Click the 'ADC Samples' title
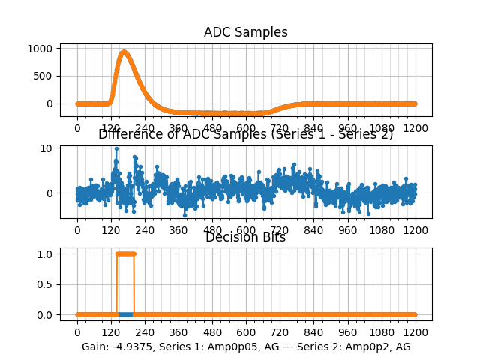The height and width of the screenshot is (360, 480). [245, 32]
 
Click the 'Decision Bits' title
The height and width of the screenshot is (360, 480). [245, 237]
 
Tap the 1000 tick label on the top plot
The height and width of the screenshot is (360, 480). [40, 49]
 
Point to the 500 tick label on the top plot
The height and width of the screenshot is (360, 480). [43, 76]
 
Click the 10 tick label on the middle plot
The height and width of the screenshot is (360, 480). [46, 148]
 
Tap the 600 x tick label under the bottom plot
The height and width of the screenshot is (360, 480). [246, 331]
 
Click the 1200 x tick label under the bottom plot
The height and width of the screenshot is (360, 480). [415, 331]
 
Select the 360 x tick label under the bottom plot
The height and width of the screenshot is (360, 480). [178, 331]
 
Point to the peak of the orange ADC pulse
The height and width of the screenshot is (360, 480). [124, 52]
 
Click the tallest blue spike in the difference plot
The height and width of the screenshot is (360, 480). [116, 148]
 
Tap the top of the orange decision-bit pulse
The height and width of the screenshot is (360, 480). [125, 253]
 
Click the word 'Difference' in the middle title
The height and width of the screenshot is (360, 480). [129, 134]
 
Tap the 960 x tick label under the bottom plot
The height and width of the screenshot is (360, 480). [348, 331]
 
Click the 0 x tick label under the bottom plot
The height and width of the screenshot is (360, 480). [77, 331]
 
